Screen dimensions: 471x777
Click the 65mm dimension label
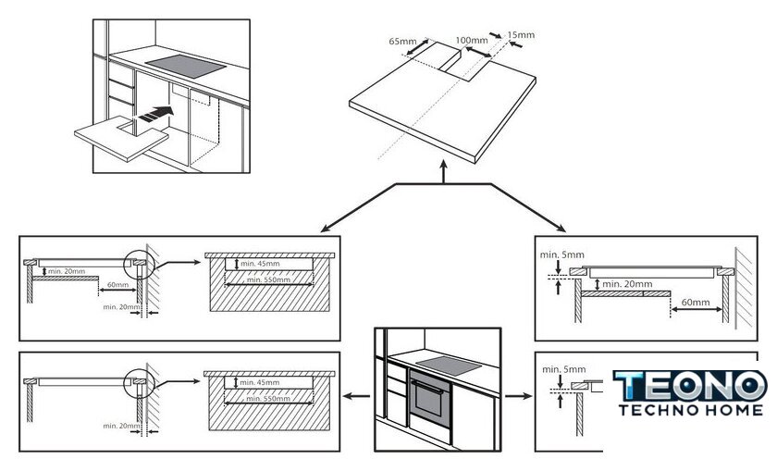pos(402,42)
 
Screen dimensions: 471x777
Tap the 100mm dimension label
pos(472,41)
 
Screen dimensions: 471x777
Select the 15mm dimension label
pos(522,35)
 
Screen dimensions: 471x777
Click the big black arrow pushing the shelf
pos(156,115)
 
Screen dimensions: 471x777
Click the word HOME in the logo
pos(731,409)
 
